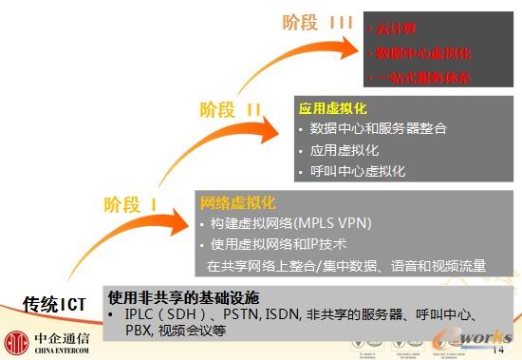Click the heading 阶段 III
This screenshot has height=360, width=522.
click(x=318, y=22)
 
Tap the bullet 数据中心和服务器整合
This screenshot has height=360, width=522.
click(x=379, y=128)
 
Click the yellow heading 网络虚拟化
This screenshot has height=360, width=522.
click(x=237, y=202)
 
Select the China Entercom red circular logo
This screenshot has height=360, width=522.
click(x=17, y=339)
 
